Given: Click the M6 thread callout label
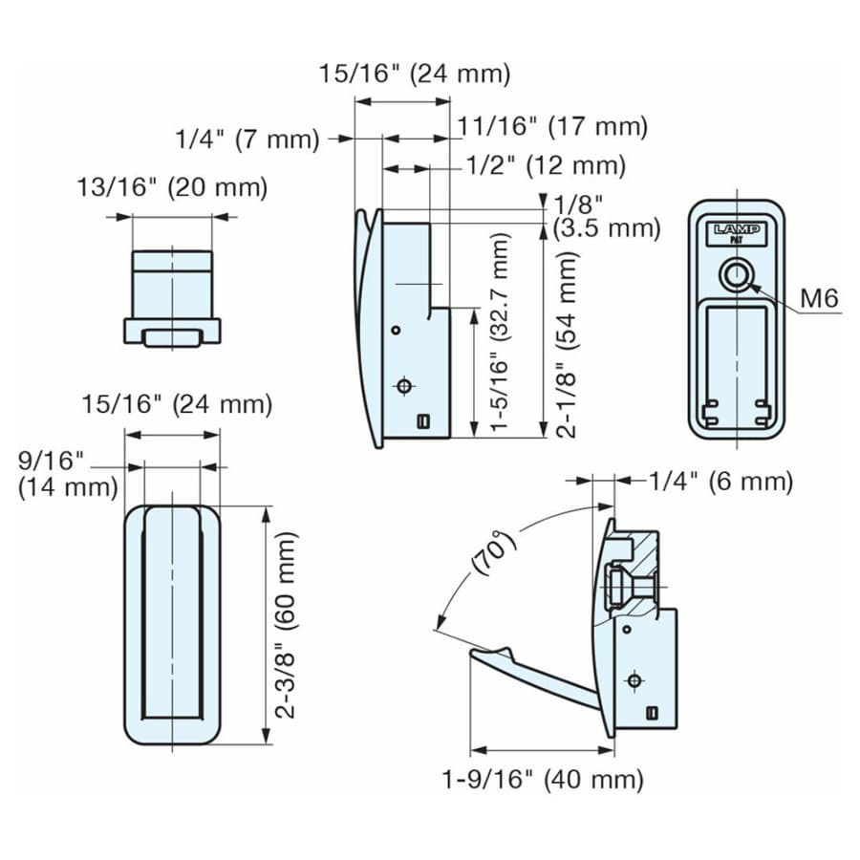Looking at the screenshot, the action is (x=819, y=298).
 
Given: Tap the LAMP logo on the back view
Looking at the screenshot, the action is (x=737, y=229).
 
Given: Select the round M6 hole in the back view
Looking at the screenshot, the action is (x=737, y=273).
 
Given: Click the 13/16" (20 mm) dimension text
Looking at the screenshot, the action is (x=172, y=187).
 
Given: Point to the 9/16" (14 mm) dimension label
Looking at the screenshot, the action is (x=68, y=473).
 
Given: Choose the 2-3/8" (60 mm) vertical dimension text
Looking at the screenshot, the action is (x=287, y=625).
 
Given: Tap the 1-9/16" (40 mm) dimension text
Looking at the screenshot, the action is (x=543, y=780).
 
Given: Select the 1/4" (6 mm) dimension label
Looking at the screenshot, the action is (x=721, y=482).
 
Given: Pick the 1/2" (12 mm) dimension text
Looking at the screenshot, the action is (x=546, y=165).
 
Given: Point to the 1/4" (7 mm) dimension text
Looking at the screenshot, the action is (x=247, y=140).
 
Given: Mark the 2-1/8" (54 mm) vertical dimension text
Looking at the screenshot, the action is (x=567, y=344).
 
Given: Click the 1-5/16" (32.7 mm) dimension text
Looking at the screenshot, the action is (x=499, y=332).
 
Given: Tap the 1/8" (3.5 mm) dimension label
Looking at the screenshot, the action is (x=607, y=217).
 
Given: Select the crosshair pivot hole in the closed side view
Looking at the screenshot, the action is (x=404, y=386).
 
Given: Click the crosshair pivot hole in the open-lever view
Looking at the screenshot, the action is (x=634, y=680).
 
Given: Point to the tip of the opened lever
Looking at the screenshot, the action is (x=473, y=653).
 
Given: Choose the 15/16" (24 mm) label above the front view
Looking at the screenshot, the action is (x=177, y=405).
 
